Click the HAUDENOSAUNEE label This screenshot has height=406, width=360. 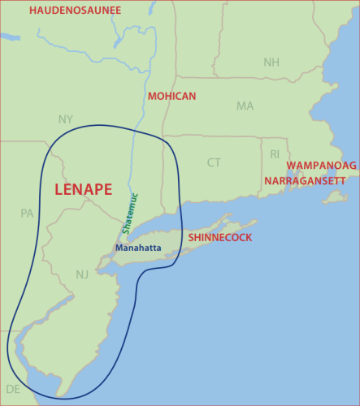point(75,11)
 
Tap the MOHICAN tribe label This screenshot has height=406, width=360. point(171,96)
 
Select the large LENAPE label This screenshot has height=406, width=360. point(83,189)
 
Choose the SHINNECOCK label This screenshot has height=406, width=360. point(219,238)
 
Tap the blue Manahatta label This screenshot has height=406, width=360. point(137,248)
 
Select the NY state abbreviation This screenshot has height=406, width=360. point(66,119)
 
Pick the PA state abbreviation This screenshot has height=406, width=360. point(27,214)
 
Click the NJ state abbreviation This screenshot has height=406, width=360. point(82,274)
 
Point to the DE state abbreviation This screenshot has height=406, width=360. point(13,389)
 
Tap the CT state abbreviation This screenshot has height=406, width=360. point(213,162)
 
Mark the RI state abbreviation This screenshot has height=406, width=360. point(274,153)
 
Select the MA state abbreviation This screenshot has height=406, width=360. point(245,106)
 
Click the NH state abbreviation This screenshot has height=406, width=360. point(271,63)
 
